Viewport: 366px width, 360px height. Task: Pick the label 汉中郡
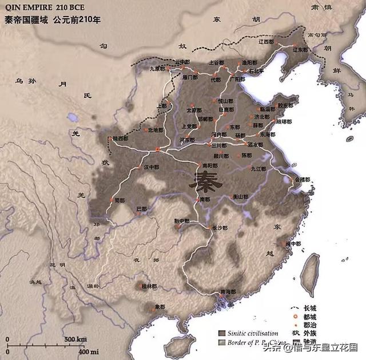pyautogui.click(x=152, y=167)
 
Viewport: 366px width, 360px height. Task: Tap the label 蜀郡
pyautogui.click(x=119, y=200)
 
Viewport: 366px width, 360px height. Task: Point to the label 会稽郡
pyautogui.click(x=303, y=179)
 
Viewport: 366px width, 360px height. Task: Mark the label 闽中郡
pyautogui.click(x=293, y=243)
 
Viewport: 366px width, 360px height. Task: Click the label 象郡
pyautogui.click(x=160, y=307)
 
